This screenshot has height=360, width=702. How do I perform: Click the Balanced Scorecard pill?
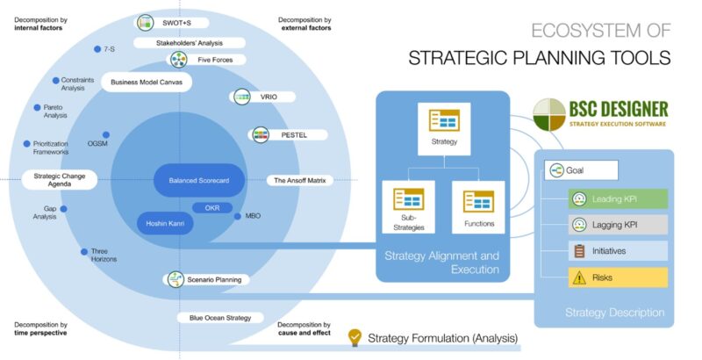[x=199, y=181]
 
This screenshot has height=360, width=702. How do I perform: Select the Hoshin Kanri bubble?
[x=165, y=223]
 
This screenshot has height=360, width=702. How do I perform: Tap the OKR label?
[x=212, y=208]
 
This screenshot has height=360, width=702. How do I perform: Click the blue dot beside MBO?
[x=237, y=216]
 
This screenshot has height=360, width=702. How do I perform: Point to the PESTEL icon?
[x=261, y=134]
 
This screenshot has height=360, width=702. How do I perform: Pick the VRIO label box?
[x=262, y=97]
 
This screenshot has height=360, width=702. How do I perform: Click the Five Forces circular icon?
[x=179, y=60]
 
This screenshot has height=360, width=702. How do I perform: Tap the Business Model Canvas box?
[x=147, y=83]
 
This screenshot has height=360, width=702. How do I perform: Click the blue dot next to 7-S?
[x=97, y=49]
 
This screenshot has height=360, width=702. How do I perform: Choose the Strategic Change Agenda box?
[x=60, y=180]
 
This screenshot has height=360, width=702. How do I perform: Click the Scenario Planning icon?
[x=175, y=279]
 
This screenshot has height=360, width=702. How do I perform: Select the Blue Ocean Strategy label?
[x=220, y=318]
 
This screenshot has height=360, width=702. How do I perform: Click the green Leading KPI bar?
[x=618, y=198]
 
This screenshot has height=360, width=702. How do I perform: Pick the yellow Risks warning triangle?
[x=579, y=277]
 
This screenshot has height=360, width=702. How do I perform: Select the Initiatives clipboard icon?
[x=579, y=251]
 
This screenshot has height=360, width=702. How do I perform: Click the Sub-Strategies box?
[x=408, y=207]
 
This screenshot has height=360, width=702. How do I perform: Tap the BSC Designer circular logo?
[x=549, y=115]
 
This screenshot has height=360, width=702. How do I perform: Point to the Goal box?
[x=581, y=170]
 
